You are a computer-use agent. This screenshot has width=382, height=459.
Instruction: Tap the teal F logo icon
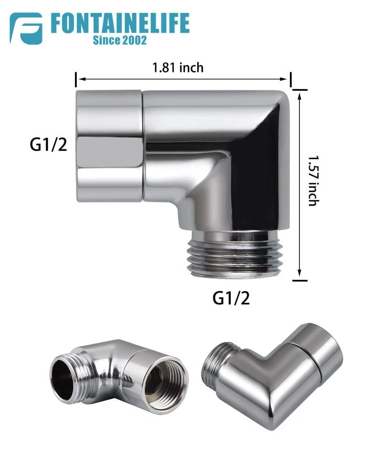pos(26,28)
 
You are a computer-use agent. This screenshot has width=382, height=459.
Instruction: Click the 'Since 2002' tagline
pos(120,40)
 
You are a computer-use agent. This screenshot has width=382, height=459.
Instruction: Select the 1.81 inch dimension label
pos(178,67)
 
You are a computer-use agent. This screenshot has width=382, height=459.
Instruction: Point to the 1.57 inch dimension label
pos(313,180)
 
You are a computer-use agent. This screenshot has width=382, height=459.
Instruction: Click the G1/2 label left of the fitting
pos(49,144)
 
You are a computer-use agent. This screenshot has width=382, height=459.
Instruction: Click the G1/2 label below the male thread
pos(231,298)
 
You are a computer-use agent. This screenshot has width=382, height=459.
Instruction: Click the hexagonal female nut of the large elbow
pos(110,146)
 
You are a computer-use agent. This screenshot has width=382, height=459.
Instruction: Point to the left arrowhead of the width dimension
pos(81,79)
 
